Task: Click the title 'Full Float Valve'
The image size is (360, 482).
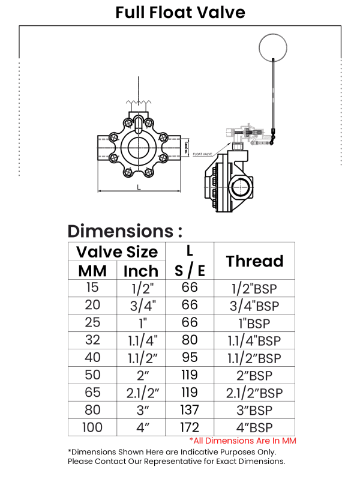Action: pyautogui.click(x=180, y=12)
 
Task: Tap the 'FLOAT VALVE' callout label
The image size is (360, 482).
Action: pyautogui.click(x=203, y=154)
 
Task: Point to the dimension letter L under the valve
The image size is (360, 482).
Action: pyautogui.click(x=139, y=187)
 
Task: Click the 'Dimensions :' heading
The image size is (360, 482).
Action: pyautogui.click(x=125, y=231)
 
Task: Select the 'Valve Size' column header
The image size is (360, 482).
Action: pyautogui.click(x=117, y=252)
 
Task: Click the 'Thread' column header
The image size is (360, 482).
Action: pyautogui.click(x=254, y=261)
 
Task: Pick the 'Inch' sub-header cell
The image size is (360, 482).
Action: pyautogui.click(x=140, y=271)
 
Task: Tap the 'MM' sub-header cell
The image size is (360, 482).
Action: pyautogui.click(x=92, y=271)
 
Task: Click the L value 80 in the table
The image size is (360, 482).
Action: pyautogui.click(x=190, y=340)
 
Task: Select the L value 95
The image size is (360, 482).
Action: pyautogui.click(x=190, y=358)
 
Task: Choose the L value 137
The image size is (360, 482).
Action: pyautogui.click(x=190, y=410)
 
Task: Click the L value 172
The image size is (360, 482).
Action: pyautogui.click(x=190, y=427)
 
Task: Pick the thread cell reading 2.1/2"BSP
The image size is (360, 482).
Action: pyautogui.click(x=254, y=393)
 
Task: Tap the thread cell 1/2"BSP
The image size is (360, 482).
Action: pyautogui.click(x=254, y=288)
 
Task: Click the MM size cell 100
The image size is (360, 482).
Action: pyautogui.click(x=92, y=427)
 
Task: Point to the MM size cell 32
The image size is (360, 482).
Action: pyautogui.click(x=92, y=340)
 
